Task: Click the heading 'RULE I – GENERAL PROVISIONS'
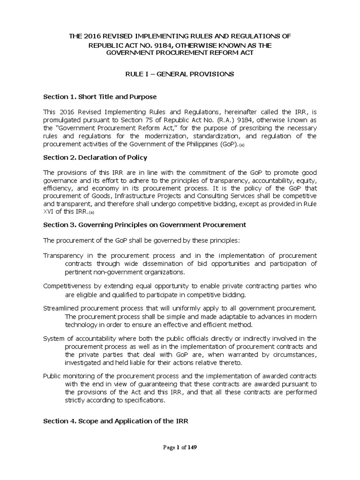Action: pyautogui.click(x=180, y=74)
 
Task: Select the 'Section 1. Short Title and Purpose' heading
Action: pyautogui.click(x=100, y=97)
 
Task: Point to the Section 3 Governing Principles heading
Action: pyautogui.click(x=144, y=225)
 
